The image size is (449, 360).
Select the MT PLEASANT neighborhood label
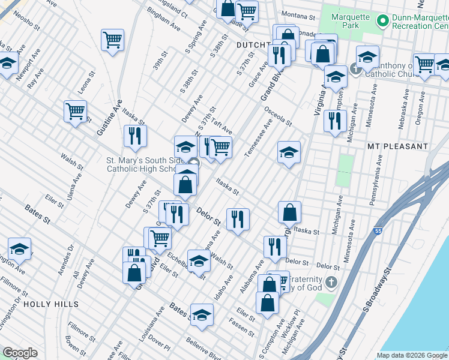(398, 146)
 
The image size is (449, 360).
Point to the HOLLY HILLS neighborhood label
(51, 304)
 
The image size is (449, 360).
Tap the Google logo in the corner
(20, 353)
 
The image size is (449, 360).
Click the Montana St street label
(299, 14)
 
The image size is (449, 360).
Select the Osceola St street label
(279, 116)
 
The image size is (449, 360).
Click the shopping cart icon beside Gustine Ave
(75, 111)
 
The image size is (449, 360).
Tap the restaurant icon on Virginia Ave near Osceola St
(331, 121)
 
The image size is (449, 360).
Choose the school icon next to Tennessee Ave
(289, 153)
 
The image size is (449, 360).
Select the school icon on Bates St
(202, 315)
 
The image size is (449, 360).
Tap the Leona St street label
(88, 83)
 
